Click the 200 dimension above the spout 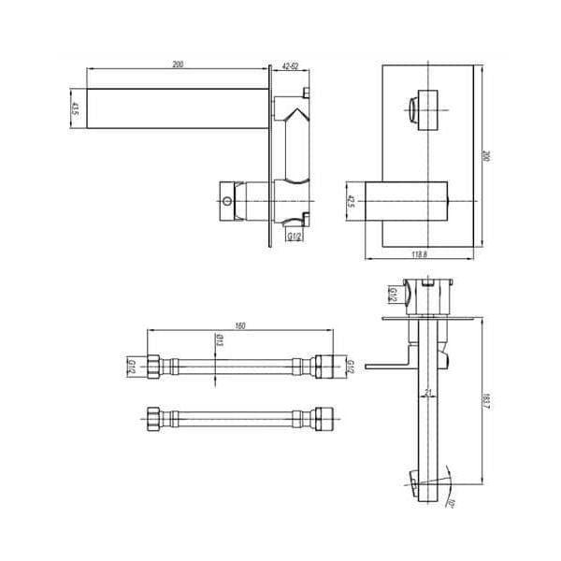tap(178, 64)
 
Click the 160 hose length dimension tap(240, 325)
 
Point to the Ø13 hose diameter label tap(218, 343)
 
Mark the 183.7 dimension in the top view tap(485, 397)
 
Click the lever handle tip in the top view tap(369, 365)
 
